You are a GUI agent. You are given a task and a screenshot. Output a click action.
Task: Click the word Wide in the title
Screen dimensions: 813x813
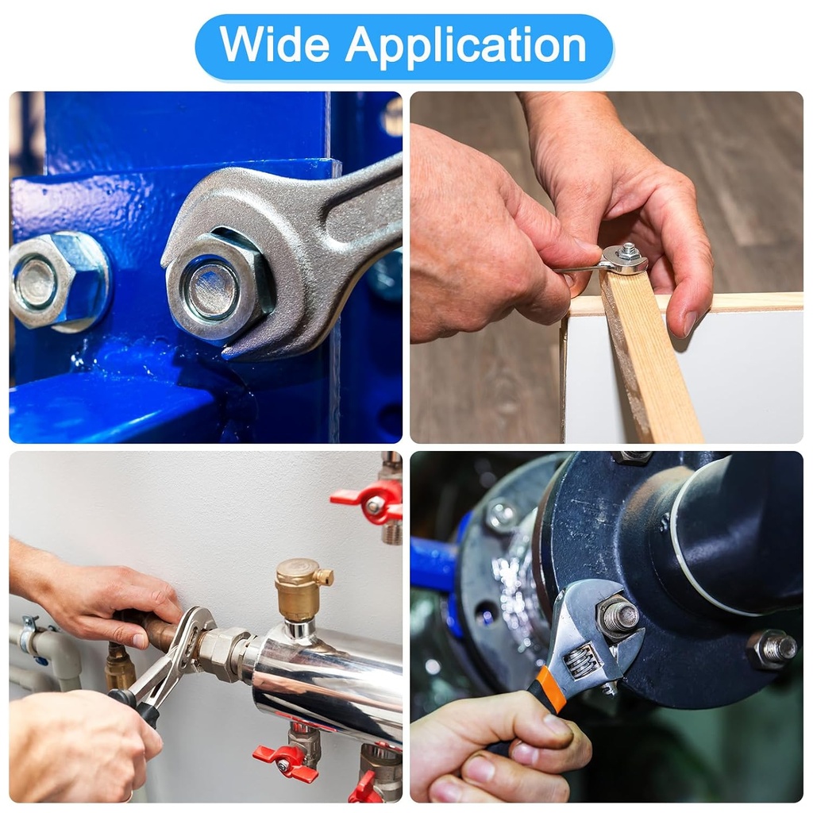point(274,44)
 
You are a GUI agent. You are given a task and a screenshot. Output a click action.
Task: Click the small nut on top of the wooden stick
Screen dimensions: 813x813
point(629,251)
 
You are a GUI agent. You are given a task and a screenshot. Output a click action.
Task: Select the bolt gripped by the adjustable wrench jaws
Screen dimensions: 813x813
point(618,616)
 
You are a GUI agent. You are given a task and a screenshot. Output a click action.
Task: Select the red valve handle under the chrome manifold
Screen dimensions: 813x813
point(286,763)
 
